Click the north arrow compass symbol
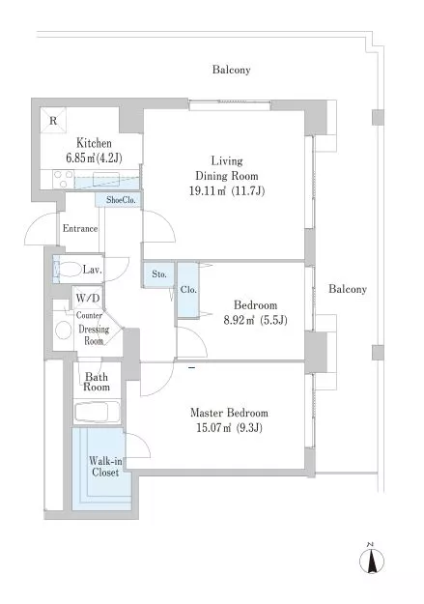pos(372,560)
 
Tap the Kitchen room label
pos(94,143)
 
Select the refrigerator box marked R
pos(53,120)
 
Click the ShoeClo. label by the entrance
pos(121,200)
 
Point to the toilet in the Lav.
pos(67,268)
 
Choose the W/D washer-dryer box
pos(88,298)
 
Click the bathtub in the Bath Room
pos(97,412)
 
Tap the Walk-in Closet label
pos(105,466)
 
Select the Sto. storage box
pos(159,274)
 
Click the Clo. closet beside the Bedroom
pos(188,290)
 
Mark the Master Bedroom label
pos(229,413)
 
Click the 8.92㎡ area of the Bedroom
pos(240,320)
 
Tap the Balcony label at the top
pos(232,70)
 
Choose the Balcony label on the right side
pos(348,289)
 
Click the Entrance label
pos(80,228)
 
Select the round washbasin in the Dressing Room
pos(63,331)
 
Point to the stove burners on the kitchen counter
pos(64,180)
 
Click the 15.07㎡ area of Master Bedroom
pos(213,428)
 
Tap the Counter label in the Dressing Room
pos(89,315)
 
